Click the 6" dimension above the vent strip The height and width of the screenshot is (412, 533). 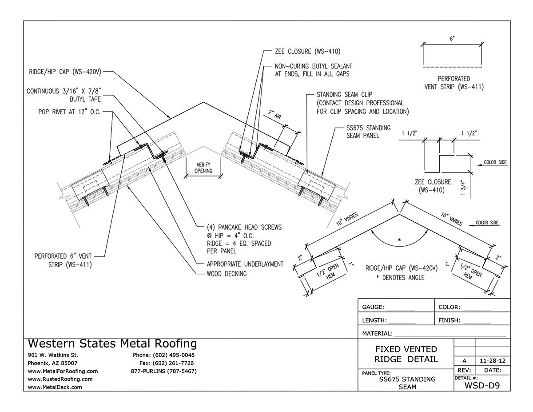pyautogui.click(x=452, y=39)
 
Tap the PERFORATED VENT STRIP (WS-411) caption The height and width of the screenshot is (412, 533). pyautogui.click(x=453, y=83)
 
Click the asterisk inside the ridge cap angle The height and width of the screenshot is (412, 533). pyautogui.click(x=399, y=240)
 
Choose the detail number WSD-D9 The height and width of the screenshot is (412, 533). pyautogui.click(x=482, y=385)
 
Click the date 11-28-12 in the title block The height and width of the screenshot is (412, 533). pyautogui.click(x=492, y=360)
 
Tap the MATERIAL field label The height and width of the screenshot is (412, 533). pyautogui.click(x=377, y=333)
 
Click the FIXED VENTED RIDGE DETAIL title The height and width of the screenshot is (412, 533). pyautogui.click(x=406, y=354)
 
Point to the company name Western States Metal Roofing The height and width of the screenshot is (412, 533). pyautogui.click(x=112, y=344)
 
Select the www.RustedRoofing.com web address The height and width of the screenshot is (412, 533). pyautogui.click(x=60, y=379)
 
